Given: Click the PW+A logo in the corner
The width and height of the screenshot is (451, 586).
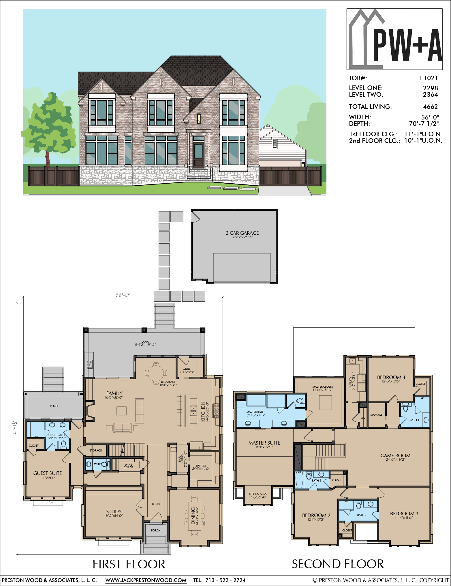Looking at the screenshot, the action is (x=394, y=39).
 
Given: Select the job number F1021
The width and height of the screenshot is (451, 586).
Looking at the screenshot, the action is (x=429, y=78).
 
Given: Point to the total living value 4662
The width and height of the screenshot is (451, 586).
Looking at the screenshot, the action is (x=431, y=107).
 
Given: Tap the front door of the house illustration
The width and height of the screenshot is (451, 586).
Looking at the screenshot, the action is (x=199, y=154).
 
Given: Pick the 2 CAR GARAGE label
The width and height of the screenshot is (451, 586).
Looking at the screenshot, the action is (x=242, y=233).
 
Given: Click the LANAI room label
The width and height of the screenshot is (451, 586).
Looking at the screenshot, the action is (x=145, y=342).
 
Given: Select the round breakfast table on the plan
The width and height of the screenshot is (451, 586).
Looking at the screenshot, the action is (x=156, y=373).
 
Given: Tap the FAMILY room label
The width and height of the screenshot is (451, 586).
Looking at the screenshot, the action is (x=114, y=393).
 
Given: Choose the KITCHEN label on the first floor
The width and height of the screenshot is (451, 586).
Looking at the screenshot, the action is (x=203, y=412).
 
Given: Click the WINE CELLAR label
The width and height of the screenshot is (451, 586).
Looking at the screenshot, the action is (x=128, y=466).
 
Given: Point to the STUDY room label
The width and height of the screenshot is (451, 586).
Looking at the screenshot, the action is (x=114, y=512).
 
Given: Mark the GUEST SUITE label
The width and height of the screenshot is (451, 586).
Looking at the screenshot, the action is (x=48, y=473).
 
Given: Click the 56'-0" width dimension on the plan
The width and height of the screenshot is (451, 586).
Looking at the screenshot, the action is (x=123, y=295).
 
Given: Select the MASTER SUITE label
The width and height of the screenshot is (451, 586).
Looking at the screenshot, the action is (x=264, y=443).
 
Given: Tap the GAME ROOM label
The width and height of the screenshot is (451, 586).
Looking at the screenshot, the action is (x=395, y=456).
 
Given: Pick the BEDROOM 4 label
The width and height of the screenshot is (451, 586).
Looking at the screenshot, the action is (x=391, y=377).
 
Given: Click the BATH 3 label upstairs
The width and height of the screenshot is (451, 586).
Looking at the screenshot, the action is (x=362, y=515).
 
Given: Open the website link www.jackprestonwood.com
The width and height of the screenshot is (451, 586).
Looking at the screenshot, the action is (x=146, y=580).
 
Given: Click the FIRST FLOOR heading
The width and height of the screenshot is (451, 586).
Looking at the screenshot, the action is (x=129, y=564).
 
